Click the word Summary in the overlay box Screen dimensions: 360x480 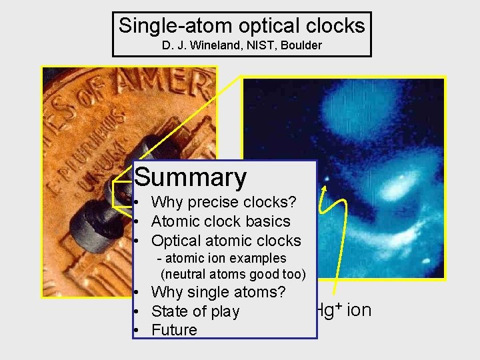191,178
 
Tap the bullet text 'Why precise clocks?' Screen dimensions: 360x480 223,202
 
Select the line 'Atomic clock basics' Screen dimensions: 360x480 221,221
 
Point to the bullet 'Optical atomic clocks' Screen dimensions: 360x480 226,241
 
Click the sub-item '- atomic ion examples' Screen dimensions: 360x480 221,258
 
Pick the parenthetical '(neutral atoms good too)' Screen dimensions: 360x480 233,274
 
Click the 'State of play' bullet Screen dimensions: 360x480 195,311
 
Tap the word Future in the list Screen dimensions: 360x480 174,330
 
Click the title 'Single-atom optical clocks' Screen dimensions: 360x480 241,26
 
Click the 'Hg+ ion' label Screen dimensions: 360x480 343,310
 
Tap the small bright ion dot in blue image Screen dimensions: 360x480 327,179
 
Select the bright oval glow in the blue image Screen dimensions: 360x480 400,180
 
